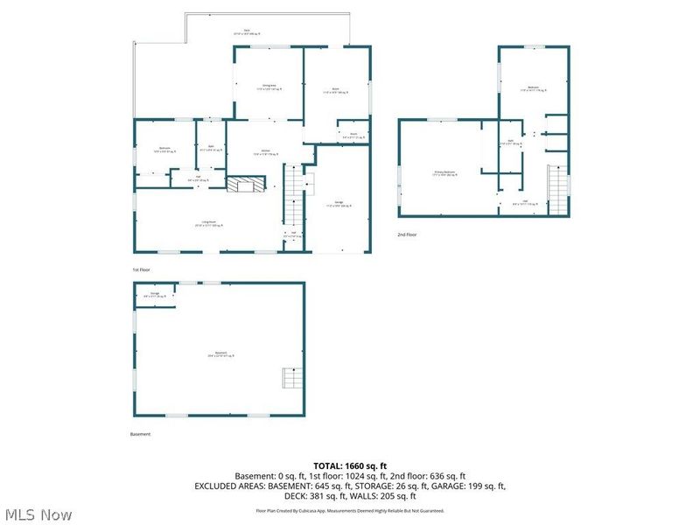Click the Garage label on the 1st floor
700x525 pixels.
click(337, 205)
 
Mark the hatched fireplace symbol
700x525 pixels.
click(245, 184)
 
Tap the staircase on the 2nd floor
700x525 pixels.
click(556, 184)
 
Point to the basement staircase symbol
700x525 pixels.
click(290, 378)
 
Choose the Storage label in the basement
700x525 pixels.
click(155, 295)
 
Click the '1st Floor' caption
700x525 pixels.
click(141, 269)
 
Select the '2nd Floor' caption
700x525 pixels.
click(408, 234)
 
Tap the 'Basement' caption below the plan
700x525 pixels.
click(140, 434)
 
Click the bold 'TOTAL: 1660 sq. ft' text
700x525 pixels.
click(350, 465)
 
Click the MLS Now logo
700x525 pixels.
click(37, 514)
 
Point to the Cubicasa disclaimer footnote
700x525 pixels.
click(350, 510)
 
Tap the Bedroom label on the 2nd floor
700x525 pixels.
click(533, 88)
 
